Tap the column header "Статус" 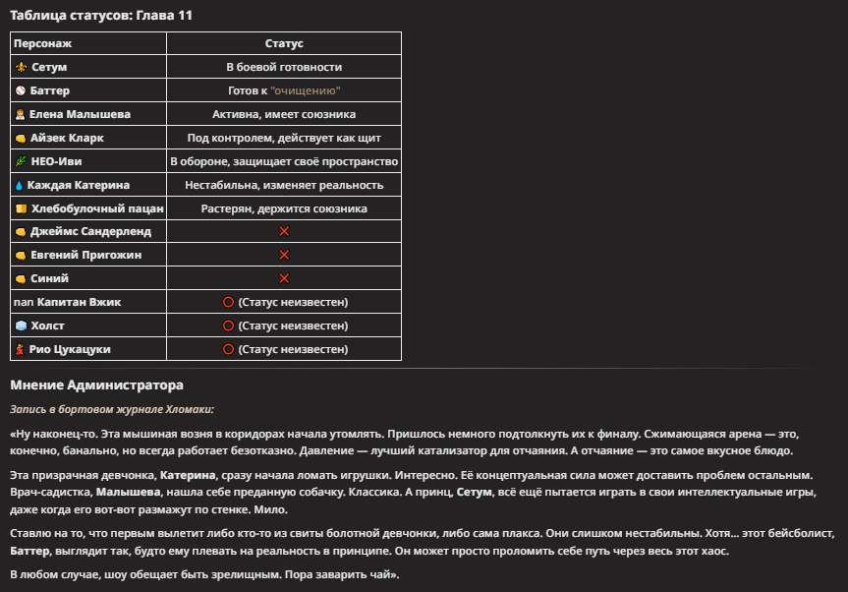pyautogui.click(x=284, y=43)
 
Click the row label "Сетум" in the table pyautogui.click(x=48, y=67)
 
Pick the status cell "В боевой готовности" pyautogui.click(x=284, y=67)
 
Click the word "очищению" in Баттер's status pyautogui.click(x=308, y=90)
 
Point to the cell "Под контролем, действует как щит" pyautogui.click(x=284, y=138)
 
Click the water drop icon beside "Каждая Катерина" pyautogui.click(x=20, y=185)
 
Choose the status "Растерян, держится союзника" pyautogui.click(x=284, y=208)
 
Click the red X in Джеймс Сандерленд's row pyautogui.click(x=284, y=231)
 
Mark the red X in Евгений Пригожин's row pyautogui.click(x=284, y=255)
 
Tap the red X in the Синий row pyautogui.click(x=284, y=278)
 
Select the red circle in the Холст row pyautogui.click(x=228, y=326)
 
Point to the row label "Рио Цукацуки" pyautogui.click(x=69, y=349)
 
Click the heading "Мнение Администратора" pyautogui.click(x=96, y=385)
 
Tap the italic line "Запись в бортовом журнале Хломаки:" pyautogui.click(x=112, y=409)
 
